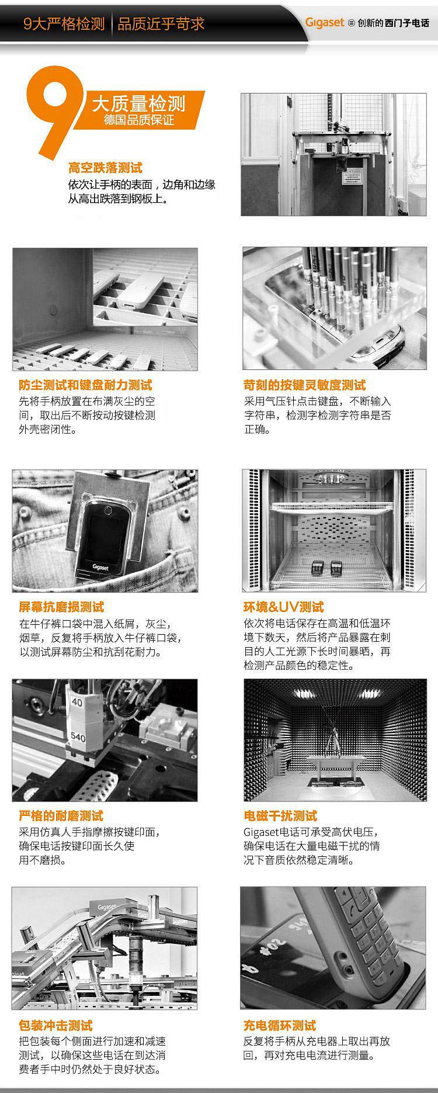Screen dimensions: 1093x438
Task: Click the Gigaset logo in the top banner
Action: coord(325,23)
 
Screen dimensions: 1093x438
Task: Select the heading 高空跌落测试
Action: coord(105,168)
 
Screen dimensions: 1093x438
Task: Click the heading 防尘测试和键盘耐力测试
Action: coord(85,385)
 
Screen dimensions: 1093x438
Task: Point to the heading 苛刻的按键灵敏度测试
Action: coord(304,385)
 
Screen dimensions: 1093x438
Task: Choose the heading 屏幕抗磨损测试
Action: coord(61,607)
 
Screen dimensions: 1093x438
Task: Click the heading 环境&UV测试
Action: coord(283,607)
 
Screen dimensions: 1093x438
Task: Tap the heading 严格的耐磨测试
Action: coord(61,815)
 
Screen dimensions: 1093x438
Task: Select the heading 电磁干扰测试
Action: coord(280,815)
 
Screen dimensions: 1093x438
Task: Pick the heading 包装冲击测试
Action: coord(55,1025)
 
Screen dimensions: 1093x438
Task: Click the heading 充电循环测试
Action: coord(280,1025)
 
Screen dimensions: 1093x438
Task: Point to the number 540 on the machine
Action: coord(78,738)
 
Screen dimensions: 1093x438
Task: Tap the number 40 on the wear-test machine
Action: coord(77,703)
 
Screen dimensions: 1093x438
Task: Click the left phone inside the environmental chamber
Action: coord(318,567)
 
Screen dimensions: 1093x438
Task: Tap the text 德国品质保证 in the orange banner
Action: coord(139,120)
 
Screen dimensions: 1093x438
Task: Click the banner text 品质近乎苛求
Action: coord(161,23)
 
